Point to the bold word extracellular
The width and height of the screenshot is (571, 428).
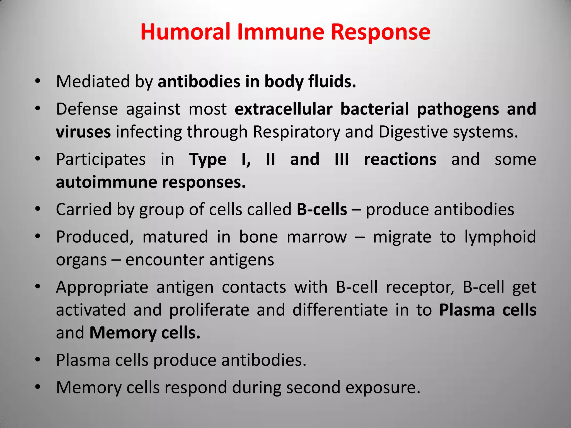click(x=284, y=109)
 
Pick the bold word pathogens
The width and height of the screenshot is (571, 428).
click(x=458, y=109)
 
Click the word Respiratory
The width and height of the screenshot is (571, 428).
click(x=296, y=132)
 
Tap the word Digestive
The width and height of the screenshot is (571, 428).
click(x=413, y=132)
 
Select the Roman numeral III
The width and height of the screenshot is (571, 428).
click(x=342, y=159)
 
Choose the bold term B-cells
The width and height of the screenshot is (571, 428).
click(x=322, y=209)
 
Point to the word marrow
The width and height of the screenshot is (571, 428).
click(x=317, y=237)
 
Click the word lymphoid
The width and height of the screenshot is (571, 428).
click(x=500, y=237)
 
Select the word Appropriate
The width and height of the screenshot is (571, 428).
click(x=102, y=288)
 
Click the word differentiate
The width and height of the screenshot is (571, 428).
click(x=340, y=310)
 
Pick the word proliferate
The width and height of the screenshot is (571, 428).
click(x=209, y=310)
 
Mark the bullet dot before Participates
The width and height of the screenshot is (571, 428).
click(x=38, y=159)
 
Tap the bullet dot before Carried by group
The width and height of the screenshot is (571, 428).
click(x=38, y=209)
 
